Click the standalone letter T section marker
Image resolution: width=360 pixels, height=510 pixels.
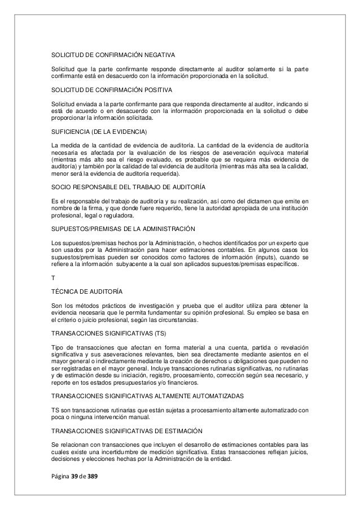53,277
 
